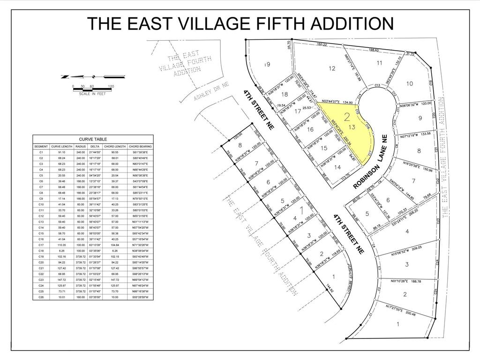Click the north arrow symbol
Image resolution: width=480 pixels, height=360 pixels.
(x=93, y=76)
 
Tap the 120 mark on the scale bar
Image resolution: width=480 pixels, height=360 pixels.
(x=111, y=86)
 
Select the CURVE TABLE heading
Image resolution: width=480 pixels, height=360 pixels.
(x=93, y=139)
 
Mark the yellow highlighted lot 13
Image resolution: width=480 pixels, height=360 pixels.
(x=352, y=127)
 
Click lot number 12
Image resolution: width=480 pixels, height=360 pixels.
(x=332, y=68)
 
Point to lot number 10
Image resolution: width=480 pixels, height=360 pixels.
(x=409, y=83)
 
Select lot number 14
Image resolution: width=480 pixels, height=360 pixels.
(x=337, y=167)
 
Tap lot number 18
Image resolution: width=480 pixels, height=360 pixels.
(x=284, y=94)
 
